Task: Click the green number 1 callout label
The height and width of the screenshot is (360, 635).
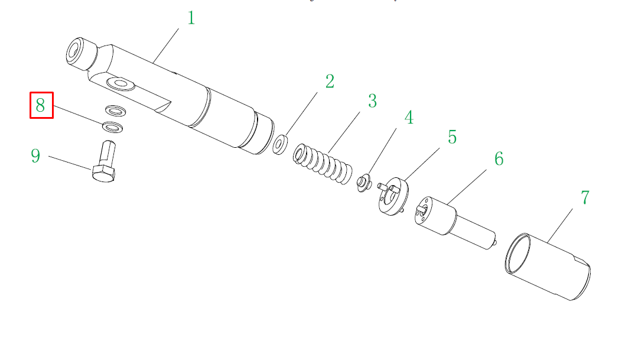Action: (191, 18)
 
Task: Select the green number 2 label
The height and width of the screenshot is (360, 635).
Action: (330, 82)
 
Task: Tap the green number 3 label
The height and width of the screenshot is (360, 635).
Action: (373, 101)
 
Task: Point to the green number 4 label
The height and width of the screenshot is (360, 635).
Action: (409, 118)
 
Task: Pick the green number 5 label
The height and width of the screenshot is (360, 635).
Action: (452, 137)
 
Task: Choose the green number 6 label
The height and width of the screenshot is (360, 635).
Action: (499, 159)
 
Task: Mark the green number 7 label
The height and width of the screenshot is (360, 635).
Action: (585, 198)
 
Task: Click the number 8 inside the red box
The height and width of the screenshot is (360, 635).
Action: (40, 105)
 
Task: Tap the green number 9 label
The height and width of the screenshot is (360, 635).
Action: (35, 156)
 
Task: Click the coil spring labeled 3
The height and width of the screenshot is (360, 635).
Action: (323, 164)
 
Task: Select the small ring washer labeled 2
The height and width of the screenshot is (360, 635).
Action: (280, 145)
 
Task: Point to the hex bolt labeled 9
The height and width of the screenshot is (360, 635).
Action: (105, 161)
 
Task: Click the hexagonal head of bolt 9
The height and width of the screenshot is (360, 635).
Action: (104, 174)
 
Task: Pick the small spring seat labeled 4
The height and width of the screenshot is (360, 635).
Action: (364, 183)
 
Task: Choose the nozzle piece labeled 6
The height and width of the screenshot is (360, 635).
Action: (455, 222)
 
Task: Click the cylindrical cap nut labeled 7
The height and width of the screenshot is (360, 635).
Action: (548, 267)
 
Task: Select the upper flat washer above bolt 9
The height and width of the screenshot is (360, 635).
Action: (115, 111)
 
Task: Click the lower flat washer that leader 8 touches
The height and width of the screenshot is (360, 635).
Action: (113, 127)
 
